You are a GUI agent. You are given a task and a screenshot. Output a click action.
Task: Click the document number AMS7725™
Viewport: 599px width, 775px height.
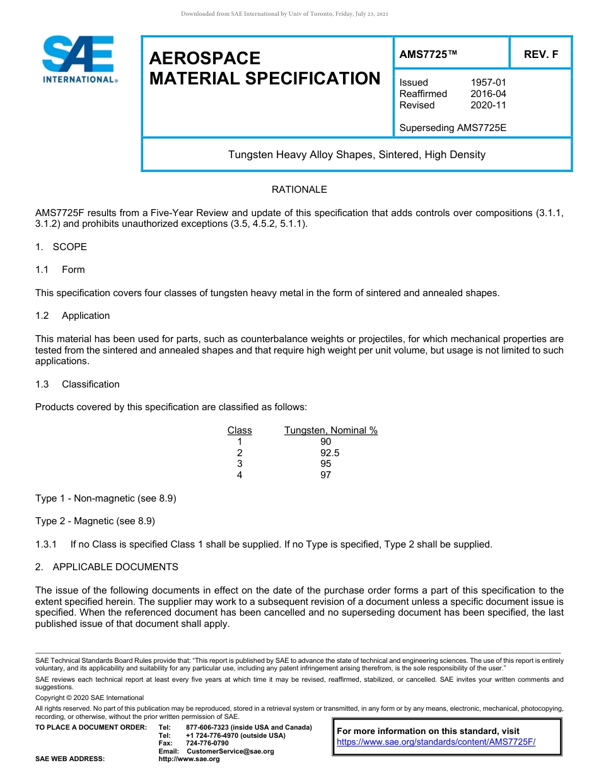428,55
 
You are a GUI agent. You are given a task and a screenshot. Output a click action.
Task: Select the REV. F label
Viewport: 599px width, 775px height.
540,55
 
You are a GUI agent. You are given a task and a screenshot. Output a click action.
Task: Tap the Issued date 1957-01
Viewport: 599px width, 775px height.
488,83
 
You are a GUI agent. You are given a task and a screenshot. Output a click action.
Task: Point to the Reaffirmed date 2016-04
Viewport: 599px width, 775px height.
488,94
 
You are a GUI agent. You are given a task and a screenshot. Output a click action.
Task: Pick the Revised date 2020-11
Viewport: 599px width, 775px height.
488,105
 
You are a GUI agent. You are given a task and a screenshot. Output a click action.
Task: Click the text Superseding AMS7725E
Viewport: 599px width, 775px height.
453,128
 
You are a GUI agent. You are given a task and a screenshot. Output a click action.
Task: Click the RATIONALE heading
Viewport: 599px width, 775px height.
299,190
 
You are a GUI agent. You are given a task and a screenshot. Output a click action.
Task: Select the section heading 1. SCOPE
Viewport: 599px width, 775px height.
61,247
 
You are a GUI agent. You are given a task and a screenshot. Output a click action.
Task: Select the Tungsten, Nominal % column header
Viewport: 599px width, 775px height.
331,430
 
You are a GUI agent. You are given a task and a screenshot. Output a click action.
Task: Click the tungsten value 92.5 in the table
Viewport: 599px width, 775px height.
331,453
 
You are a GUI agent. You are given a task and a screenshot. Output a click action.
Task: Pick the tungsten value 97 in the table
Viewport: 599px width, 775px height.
325,475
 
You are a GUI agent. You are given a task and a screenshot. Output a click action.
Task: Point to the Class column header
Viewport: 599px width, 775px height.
240,430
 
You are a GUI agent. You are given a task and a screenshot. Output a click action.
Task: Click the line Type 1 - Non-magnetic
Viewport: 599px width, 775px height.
105,498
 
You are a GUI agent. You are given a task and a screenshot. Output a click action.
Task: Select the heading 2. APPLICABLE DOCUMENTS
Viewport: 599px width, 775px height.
107,567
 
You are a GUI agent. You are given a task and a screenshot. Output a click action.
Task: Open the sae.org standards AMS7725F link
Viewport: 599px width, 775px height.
436,742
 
